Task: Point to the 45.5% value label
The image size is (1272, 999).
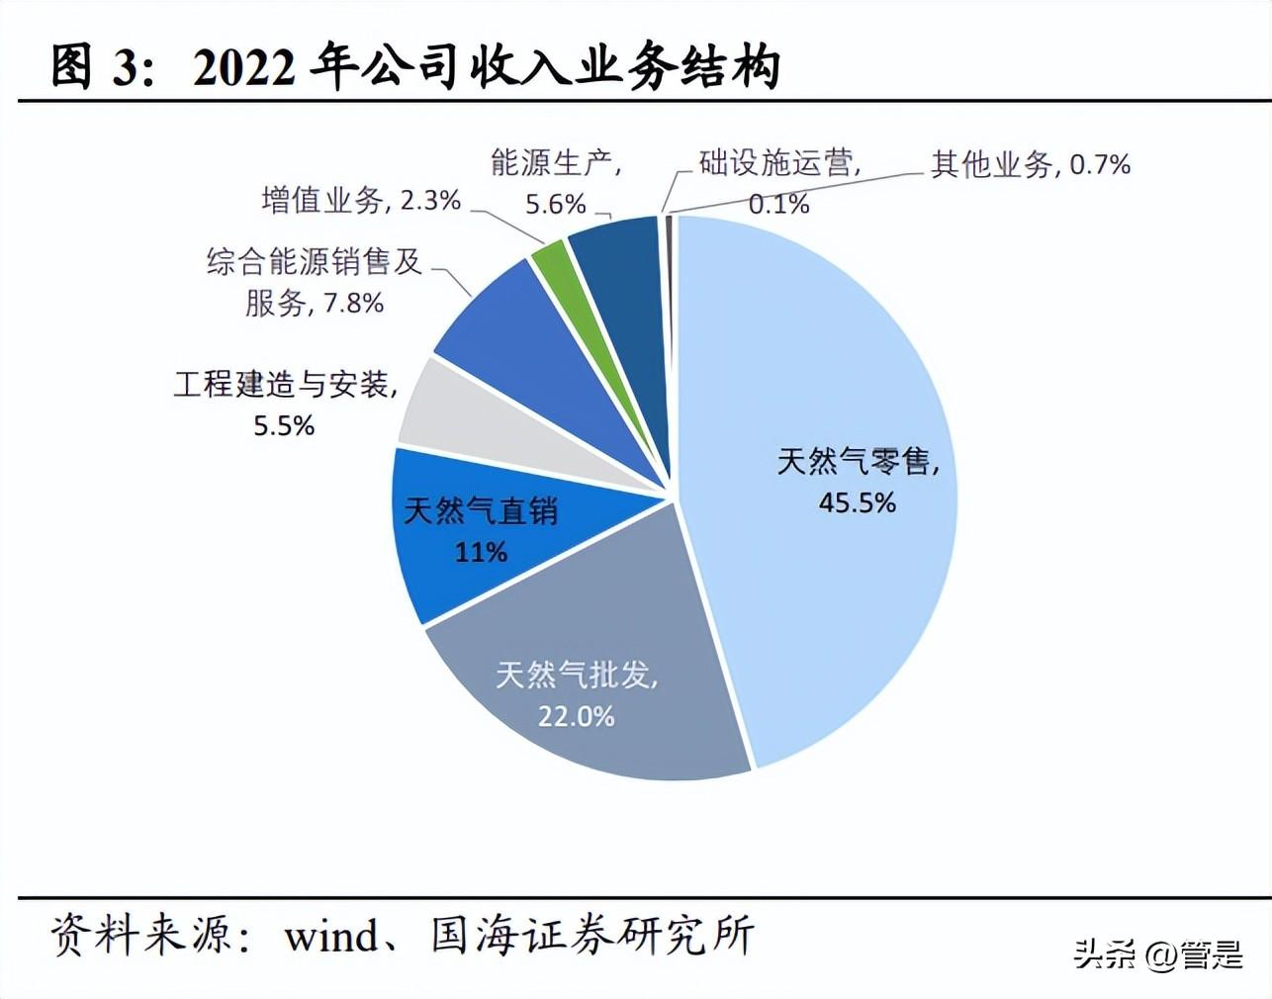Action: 857,502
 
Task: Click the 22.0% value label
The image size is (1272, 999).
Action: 576,715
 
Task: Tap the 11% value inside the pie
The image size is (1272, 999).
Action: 481,551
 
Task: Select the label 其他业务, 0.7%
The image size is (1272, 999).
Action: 1030,164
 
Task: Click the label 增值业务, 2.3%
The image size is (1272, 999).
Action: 361,201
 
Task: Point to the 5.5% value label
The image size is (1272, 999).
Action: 284,425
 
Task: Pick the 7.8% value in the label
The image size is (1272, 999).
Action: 353,303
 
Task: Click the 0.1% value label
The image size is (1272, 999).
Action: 778,204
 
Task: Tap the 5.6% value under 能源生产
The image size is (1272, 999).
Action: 555,204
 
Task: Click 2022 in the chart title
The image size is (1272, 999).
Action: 243,67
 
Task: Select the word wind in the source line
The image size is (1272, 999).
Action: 331,936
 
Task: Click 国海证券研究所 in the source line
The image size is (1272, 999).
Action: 592,936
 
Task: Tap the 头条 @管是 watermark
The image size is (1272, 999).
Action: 1157,954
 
